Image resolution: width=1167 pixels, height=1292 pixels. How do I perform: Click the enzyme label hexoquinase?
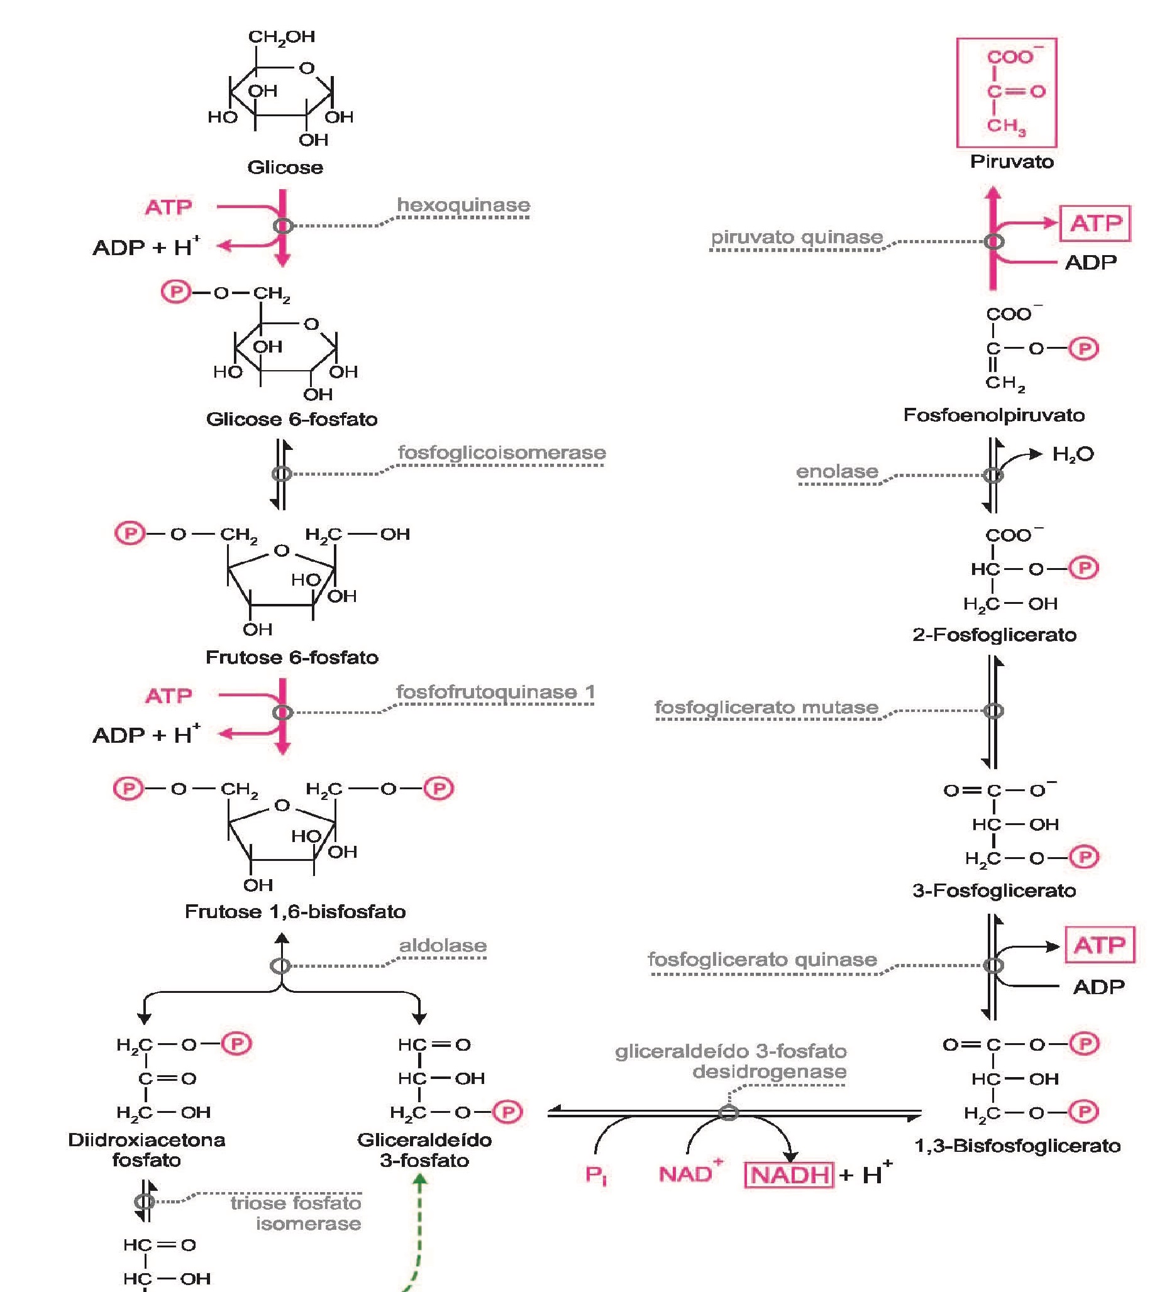pyautogui.click(x=463, y=205)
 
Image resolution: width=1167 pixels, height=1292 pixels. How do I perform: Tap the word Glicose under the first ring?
pyautogui.click(x=285, y=167)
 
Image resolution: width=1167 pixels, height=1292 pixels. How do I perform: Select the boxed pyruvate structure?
pyautogui.click(x=1006, y=93)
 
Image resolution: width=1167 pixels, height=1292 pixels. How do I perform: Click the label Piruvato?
pyautogui.click(x=1011, y=161)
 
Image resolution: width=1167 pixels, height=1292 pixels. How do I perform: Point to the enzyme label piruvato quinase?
pyautogui.click(x=797, y=237)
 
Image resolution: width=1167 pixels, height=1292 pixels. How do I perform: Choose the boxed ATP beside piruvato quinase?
pyautogui.click(x=1095, y=224)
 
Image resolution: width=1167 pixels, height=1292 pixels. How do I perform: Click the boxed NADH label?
pyautogui.click(x=789, y=1175)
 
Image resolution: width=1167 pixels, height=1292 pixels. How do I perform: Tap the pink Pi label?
pyautogui.click(x=595, y=1175)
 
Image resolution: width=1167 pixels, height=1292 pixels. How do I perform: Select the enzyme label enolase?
pyautogui.click(x=837, y=472)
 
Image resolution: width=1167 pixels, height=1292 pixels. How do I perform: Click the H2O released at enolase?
pyautogui.click(x=1073, y=454)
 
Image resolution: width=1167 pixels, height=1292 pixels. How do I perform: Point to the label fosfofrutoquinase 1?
pyautogui.click(x=495, y=692)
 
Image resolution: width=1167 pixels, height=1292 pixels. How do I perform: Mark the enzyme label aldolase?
pyautogui.click(x=443, y=945)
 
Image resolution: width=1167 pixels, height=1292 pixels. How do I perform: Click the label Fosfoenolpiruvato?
pyautogui.click(x=994, y=415)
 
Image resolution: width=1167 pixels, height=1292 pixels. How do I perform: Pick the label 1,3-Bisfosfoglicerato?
pyautogui.click(x=1017, y=1146)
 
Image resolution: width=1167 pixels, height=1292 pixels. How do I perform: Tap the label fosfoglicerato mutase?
pyautogui.click(x=766, y=708)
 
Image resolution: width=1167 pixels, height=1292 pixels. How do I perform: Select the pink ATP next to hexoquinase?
pyautogui.click(x=169, y=207)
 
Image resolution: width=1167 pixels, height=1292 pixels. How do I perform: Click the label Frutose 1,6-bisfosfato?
pyautogui.click(x=295, y=911)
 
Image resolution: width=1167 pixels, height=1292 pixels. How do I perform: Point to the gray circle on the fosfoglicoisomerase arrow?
pyautogui.click(x=282, y=474)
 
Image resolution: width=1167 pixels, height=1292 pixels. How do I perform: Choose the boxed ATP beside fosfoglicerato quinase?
pyautogui.click(x=1099, y=944)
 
